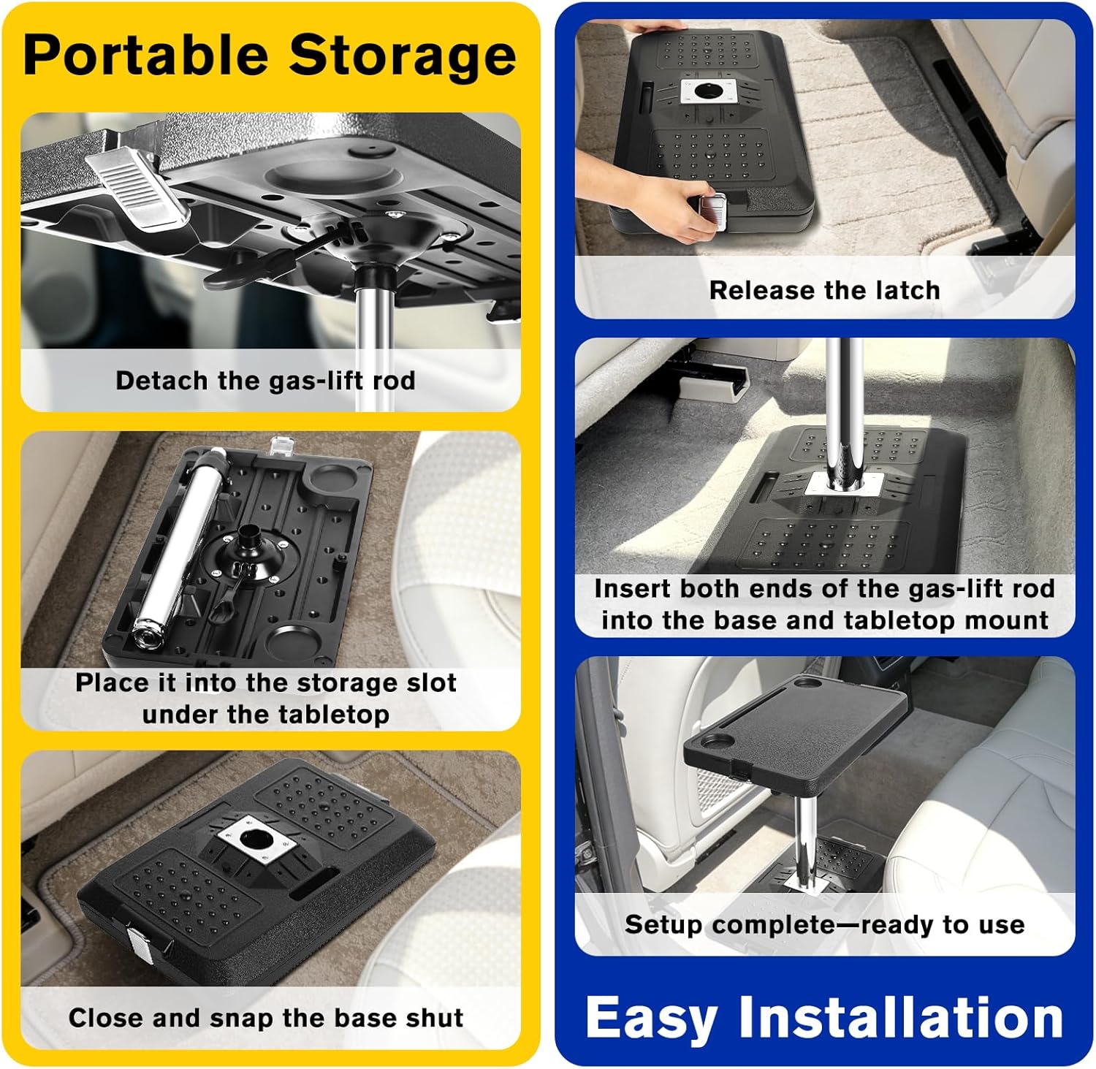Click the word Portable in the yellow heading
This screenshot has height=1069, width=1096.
[x=146, y=56]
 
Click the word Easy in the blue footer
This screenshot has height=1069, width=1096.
[x=651, y=1017]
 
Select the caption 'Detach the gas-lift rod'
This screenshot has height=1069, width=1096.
[x=265, y=381]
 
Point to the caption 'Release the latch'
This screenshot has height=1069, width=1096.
[x=824, y=290]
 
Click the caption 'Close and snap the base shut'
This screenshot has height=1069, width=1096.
[x=266, y=1018]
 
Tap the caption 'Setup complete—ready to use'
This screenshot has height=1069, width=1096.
[x=824, y=924]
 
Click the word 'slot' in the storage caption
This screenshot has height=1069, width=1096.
[x=433, y=682]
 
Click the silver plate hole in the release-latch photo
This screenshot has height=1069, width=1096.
[x=707, y=91]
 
